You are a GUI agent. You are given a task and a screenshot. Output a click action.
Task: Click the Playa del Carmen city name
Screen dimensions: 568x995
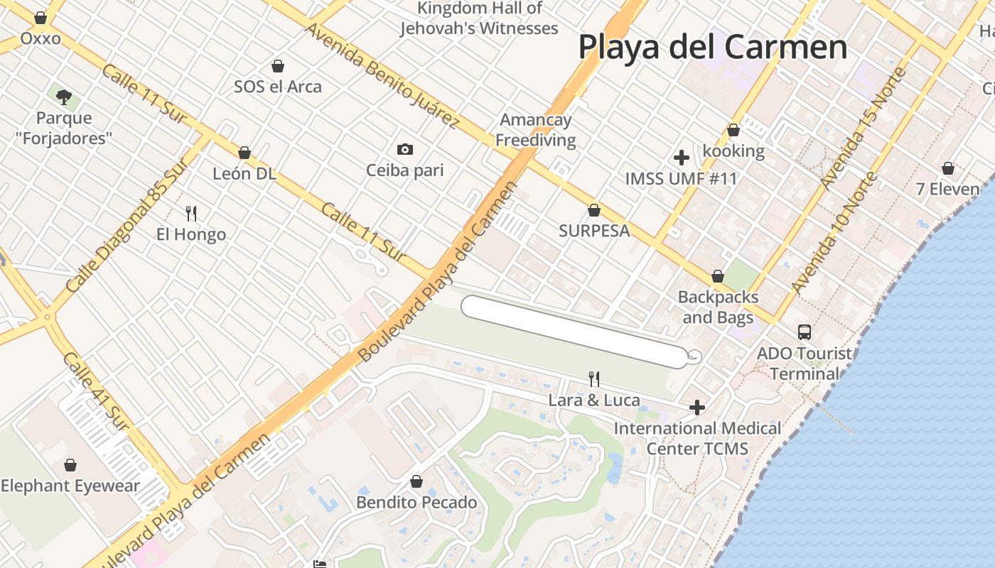[x=712, y=48]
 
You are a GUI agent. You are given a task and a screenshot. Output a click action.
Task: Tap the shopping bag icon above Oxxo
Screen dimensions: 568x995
[x=41, y=18]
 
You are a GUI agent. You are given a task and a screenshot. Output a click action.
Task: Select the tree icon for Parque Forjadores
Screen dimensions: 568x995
[x=64, y=97]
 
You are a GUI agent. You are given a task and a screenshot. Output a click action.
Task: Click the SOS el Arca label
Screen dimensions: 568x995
[x=278, y=87]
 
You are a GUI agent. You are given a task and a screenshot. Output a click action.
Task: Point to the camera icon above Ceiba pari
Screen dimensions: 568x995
[x=404, y=149]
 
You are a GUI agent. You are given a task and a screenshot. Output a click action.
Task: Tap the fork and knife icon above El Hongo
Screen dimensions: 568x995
[x=190, y=213]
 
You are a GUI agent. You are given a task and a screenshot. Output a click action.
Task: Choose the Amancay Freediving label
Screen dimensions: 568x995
[x=535, y=130]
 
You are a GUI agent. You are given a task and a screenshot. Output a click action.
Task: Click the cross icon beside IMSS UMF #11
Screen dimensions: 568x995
[x=682, y=158]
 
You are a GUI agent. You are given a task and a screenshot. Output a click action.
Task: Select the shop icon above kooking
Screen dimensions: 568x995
[x=733, y=131]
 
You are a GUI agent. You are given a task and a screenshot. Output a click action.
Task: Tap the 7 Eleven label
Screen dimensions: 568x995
[x=947, y=189]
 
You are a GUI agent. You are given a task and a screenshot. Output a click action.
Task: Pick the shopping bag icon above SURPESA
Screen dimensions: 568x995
[x=594, y=211]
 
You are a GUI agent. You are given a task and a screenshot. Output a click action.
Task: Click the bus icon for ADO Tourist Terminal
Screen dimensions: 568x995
[x=804, y=332]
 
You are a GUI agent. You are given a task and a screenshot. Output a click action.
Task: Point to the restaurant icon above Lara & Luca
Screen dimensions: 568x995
[x=594, y=379]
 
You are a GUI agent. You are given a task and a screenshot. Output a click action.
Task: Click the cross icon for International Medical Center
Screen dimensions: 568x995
[x=697, y=408]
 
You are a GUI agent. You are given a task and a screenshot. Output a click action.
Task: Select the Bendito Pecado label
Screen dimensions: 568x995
[x=416, y=503]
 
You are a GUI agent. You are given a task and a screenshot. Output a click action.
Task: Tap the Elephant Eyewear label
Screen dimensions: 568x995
[x=70, y=486]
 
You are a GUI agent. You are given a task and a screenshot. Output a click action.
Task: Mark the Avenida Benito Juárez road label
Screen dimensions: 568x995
[x=382, y=75]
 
